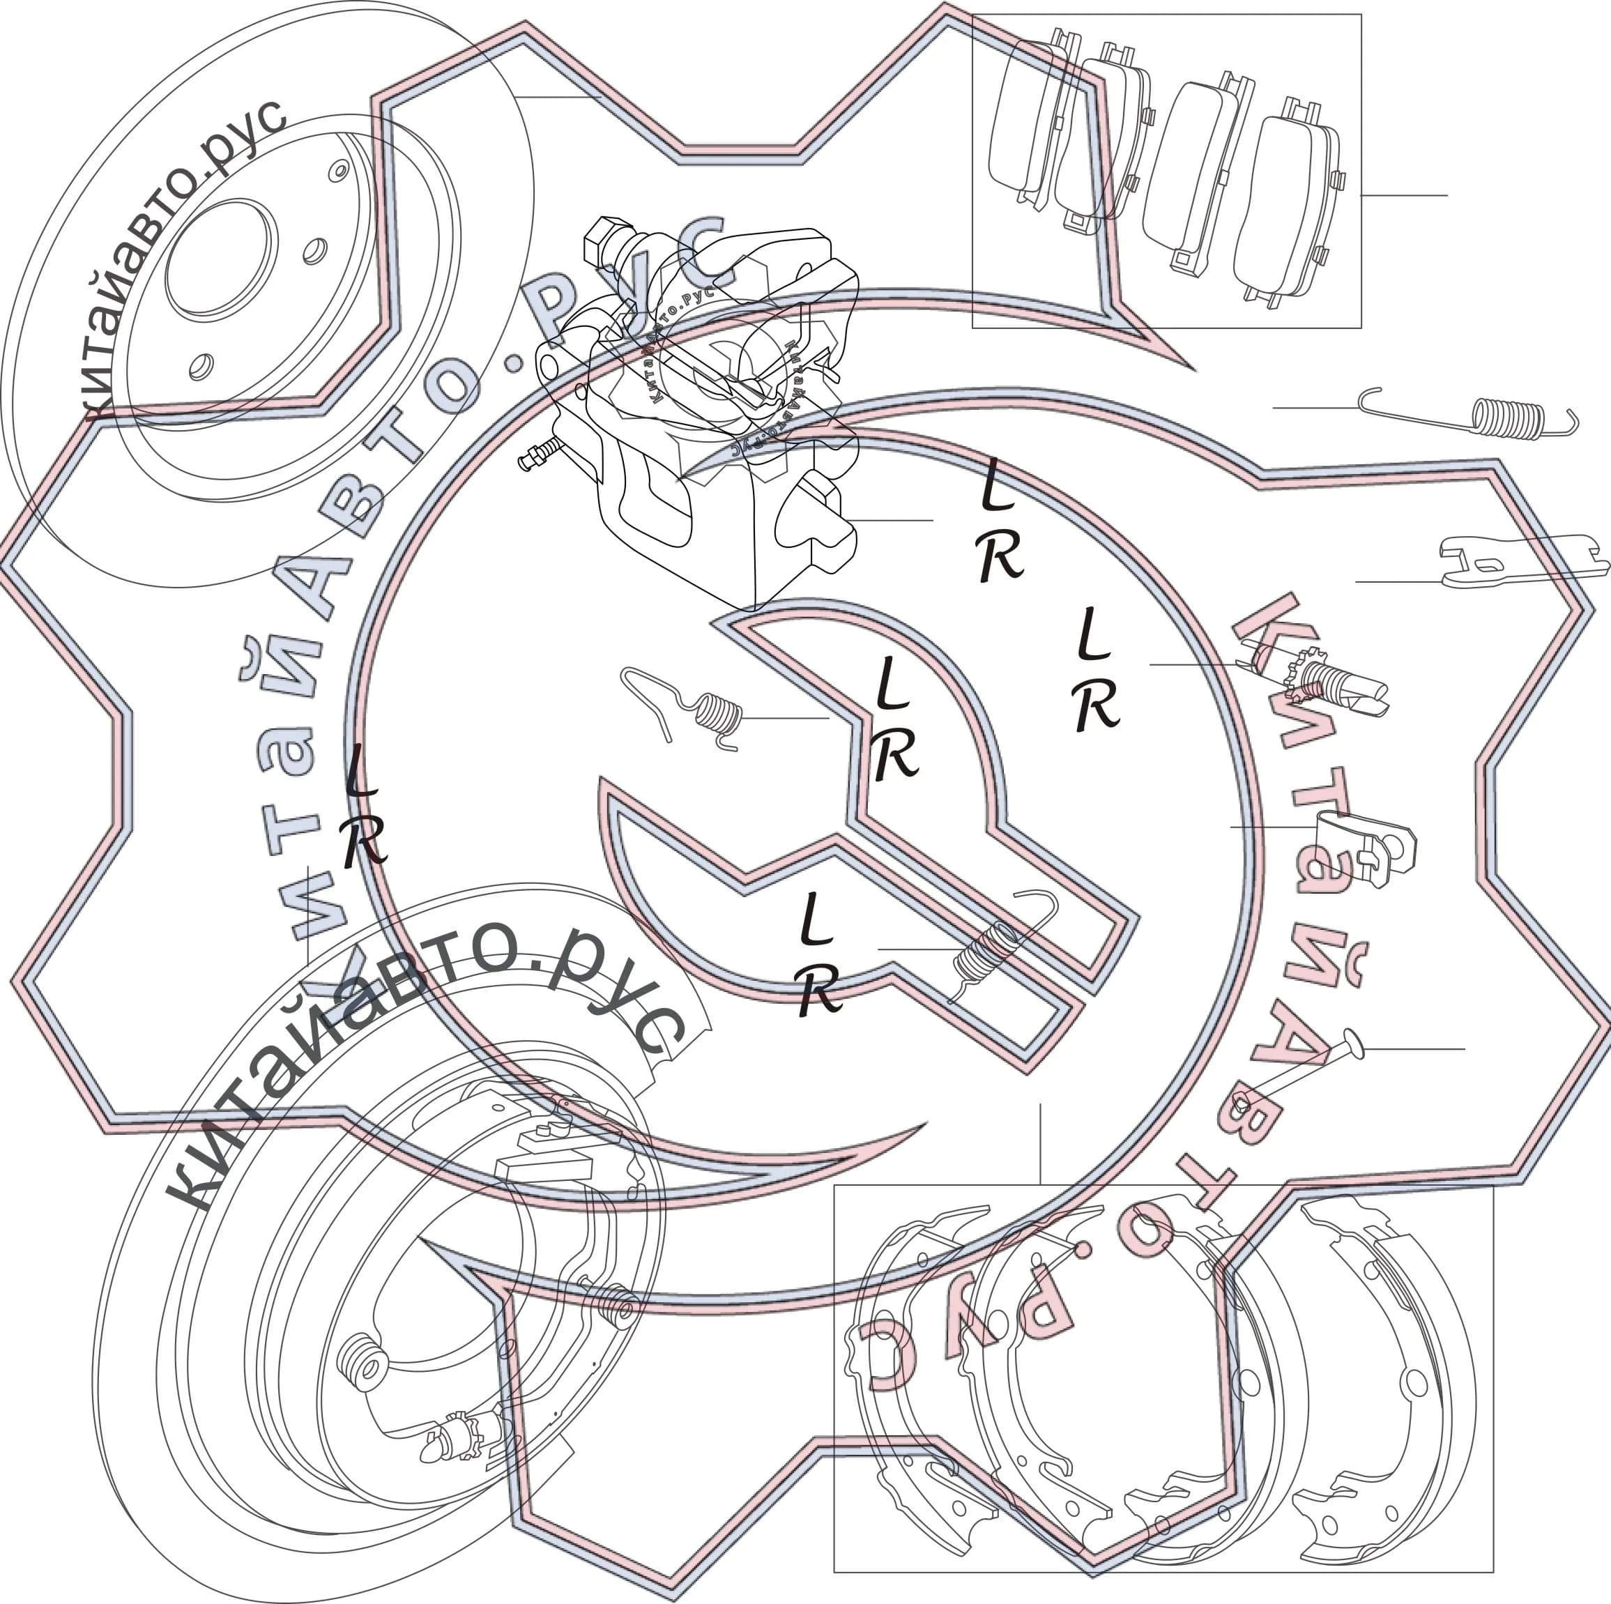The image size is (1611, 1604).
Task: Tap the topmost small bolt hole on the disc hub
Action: tap(339, 171)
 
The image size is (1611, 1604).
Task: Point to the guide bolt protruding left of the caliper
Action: tap(542, 454)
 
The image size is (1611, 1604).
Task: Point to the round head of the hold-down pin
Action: tap(1352, 1044)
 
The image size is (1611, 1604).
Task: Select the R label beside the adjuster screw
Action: tap(1097, 707)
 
